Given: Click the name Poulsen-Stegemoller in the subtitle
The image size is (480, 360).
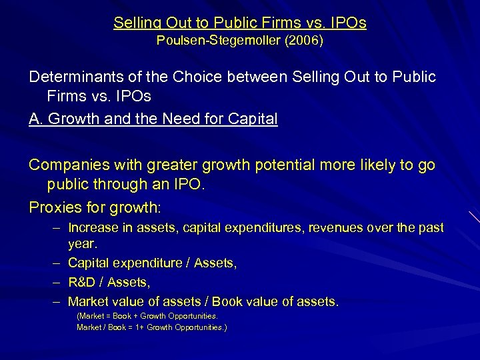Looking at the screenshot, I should pyautogui.click(x=212, y=41).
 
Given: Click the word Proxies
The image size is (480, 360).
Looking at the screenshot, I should pyautogui.click(x=56, y=207).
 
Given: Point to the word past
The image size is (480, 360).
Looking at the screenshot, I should pyautogui.click(x=431, y=228).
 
